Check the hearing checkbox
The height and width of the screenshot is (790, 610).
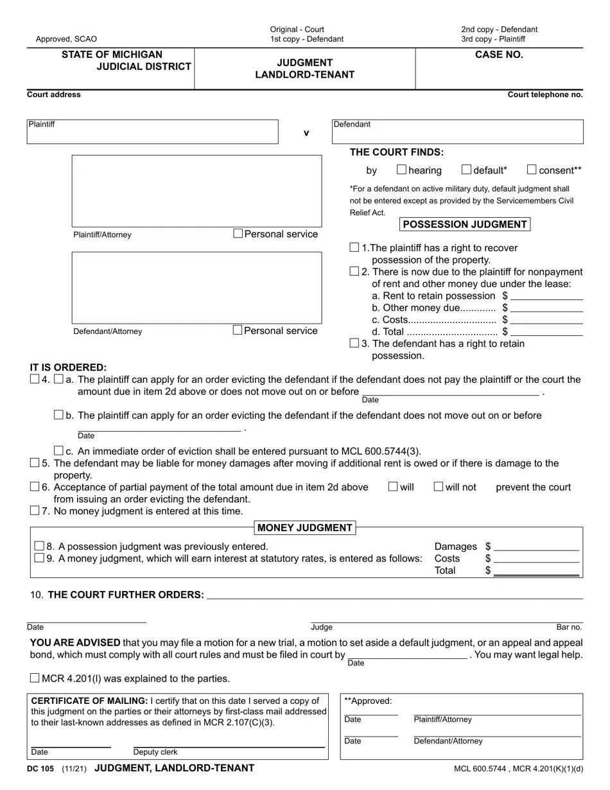[x=401, y=170]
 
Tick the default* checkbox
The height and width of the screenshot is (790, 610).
[x=466, y=170]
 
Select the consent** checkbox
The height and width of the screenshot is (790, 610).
[x=532, y=170]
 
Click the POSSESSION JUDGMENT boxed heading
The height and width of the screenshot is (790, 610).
[x=465, y=224]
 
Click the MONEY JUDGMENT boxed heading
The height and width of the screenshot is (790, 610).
[x=305, y=528]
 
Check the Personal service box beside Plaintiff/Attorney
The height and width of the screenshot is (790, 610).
[x=238, y=234]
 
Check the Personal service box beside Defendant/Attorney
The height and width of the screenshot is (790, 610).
[x=238, y=330]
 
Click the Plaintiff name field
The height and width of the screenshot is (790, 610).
[x=152, y=134]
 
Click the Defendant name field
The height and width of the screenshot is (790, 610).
[x=457, y=134]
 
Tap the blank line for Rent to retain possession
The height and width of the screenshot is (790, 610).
[x=546, y=296]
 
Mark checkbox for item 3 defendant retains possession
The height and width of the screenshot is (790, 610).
[x=354, y=343]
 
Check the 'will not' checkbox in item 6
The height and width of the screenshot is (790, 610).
[x=439, y=487]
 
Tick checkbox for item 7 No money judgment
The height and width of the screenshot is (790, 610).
[x=35, y=511]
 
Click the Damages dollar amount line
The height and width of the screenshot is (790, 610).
[x=536, y=547]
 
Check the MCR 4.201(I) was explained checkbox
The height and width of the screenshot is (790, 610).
[x=35, y=678]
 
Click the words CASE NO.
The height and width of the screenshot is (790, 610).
[x=499, y=55]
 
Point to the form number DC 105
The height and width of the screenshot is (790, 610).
[x=40, y=769]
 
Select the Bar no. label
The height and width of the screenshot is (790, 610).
[x=569, y=628]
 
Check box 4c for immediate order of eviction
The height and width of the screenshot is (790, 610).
[x=58, y=451]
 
